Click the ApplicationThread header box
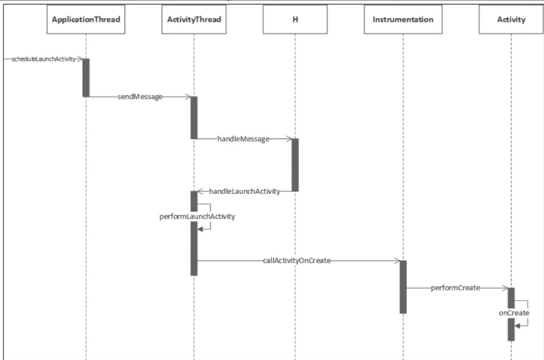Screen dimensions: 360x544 coord(86,20)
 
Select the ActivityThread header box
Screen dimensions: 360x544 coord(194,20)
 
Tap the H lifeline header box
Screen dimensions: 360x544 coord(295,20)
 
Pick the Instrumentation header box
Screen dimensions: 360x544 coord(403,20)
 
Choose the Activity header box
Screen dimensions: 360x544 coord(511,20)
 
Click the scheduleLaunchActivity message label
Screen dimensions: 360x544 coord(43,59)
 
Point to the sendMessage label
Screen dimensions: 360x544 coord(140,97)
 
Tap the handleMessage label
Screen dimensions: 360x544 coord(243,139)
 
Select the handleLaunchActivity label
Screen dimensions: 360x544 coord(244,191)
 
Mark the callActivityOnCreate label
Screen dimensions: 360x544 coord(297,260)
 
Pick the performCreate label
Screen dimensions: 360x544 coord(455,288)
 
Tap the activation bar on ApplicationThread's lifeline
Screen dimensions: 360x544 coord(86,77)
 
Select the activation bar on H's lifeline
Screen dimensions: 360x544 coord(295,165)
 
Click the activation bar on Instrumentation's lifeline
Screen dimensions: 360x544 coord(403,286)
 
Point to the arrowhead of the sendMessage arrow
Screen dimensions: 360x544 coord(188,97)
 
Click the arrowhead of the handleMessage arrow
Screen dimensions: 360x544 coord(289,139)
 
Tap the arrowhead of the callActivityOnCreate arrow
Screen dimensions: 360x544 coord(397,260)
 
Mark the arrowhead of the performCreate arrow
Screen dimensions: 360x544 coord(504,288)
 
